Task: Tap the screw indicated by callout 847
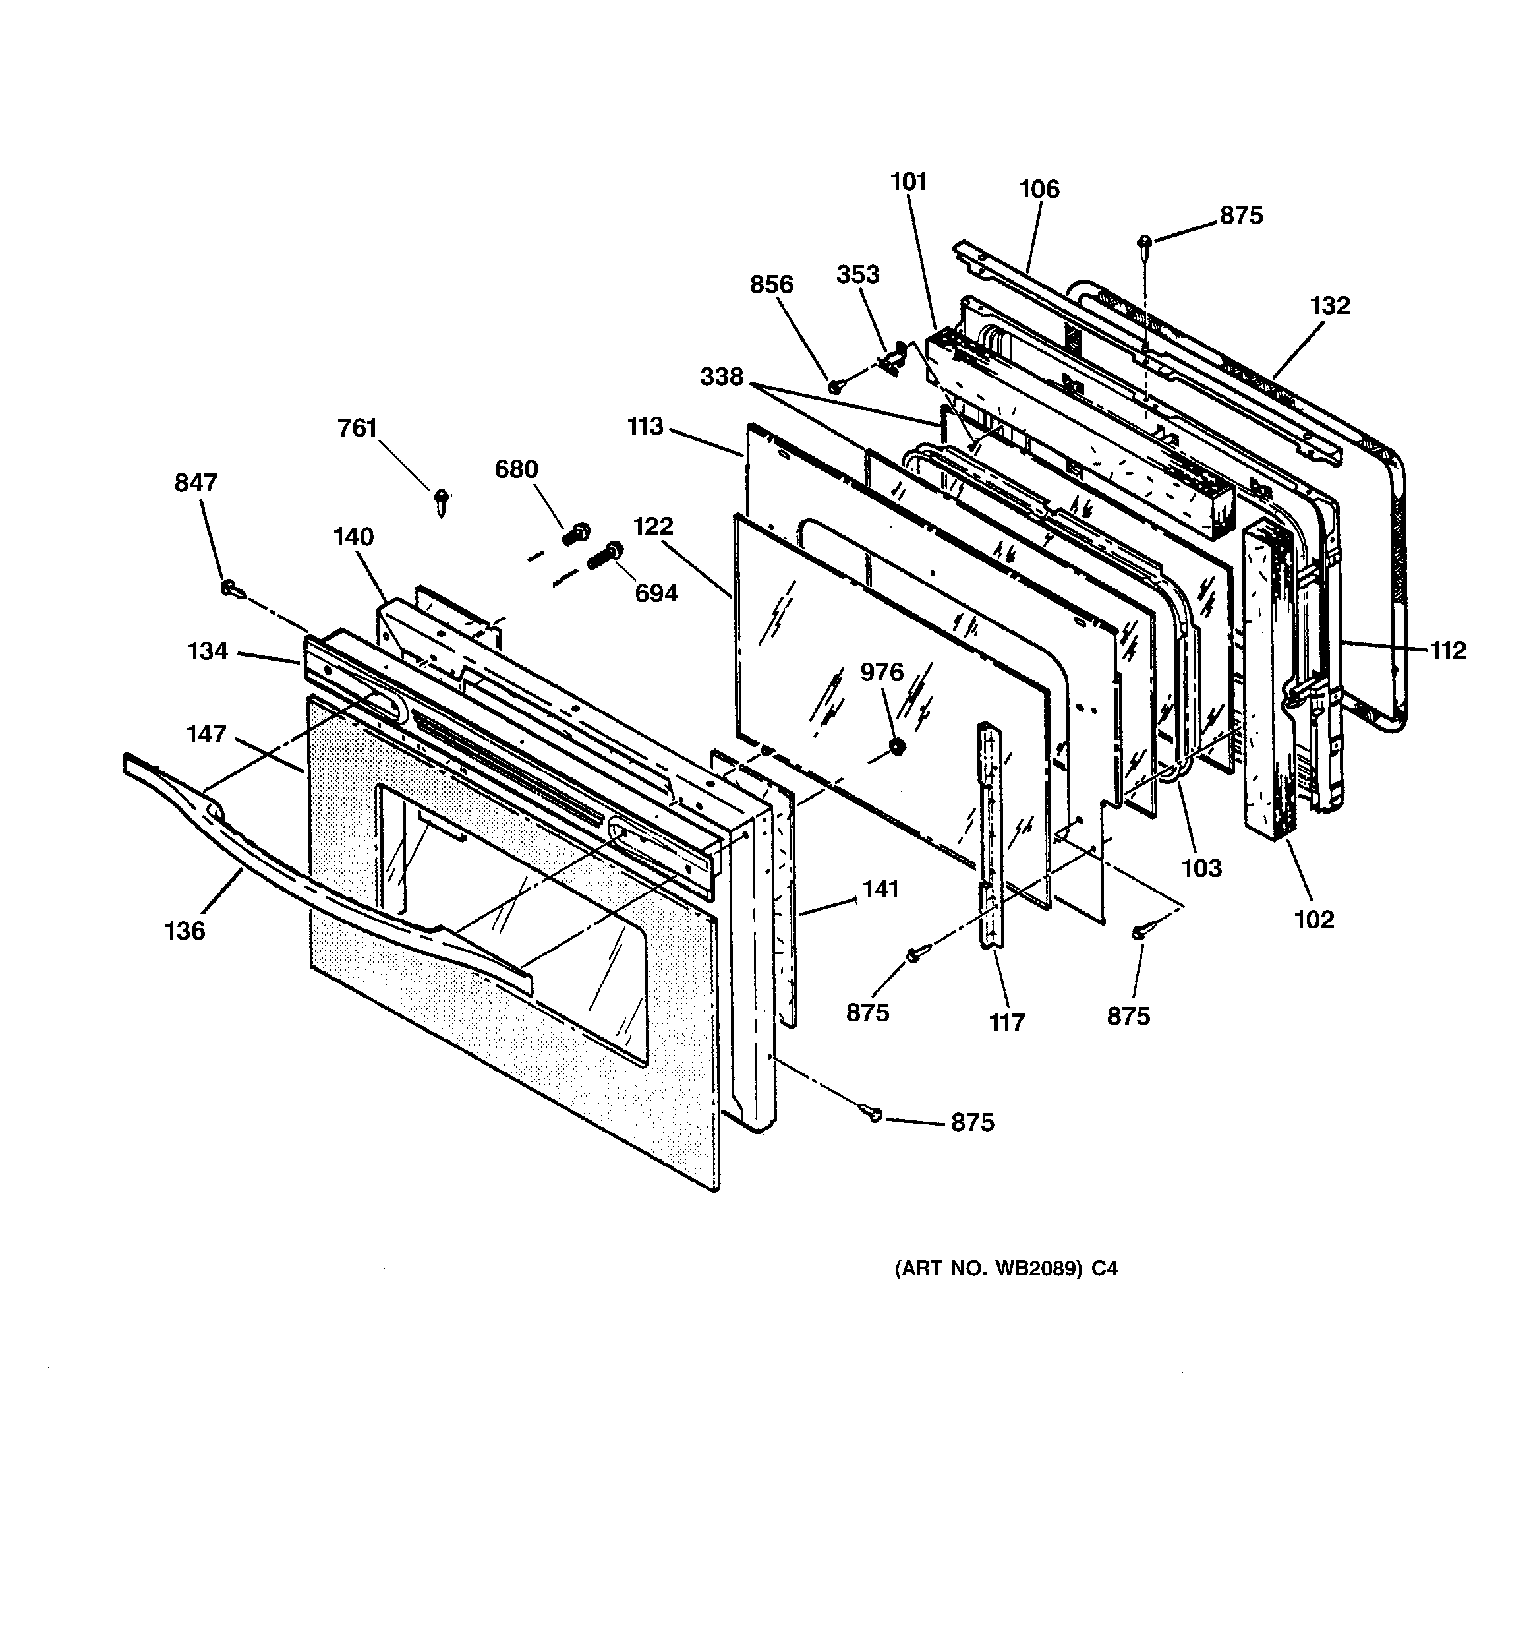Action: [229, 588]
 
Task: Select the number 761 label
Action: [357, 429]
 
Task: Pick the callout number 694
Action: [656, 593]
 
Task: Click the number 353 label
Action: [857, 274]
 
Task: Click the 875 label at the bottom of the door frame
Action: [973, 1122]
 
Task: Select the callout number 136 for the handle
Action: [185, 931]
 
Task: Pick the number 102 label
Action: [1314, 919]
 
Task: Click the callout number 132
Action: [1329, 305]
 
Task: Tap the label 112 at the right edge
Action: [1448, 650]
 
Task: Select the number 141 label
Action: [880, 889]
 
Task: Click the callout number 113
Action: [645, 427]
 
